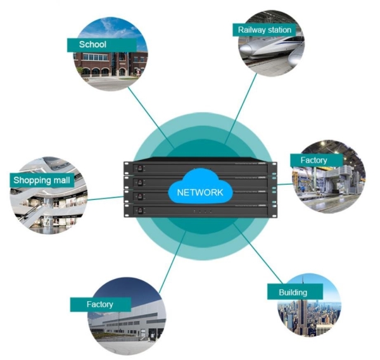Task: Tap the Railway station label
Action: pos(264,30)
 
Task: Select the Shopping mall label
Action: pos(42,180)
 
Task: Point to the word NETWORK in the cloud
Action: pos(200,192)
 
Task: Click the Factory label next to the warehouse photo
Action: pos(101,304)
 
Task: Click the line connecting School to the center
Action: pos(151,117)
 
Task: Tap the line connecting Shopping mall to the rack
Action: pos(105,198)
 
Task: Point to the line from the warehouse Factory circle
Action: pos(172,262)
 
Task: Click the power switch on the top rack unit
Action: pos(139,168)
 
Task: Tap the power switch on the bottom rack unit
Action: pos(139,211)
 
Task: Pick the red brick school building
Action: pos(110,64)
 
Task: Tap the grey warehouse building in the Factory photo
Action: pos(128,320)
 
